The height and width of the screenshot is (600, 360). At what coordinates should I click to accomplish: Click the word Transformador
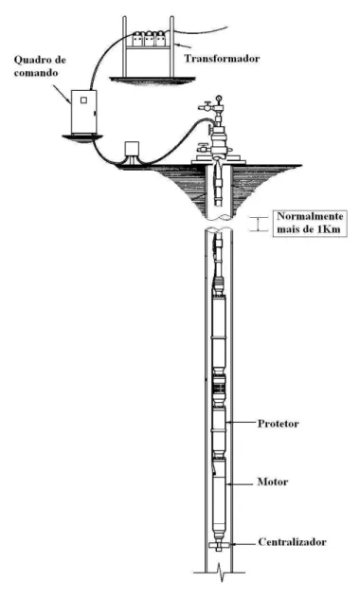click(222, 58)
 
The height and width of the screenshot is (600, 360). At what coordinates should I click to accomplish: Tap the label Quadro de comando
click(40, 65)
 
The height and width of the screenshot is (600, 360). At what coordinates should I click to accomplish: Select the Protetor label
click(279, 424)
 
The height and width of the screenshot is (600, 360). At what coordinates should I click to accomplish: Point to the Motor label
click(273, 482)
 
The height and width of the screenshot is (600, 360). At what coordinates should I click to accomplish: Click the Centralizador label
click(293, 542)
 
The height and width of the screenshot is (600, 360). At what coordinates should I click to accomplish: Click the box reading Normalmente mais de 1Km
click(310, 223)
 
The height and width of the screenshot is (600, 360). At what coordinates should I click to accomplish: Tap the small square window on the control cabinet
click(83, 100)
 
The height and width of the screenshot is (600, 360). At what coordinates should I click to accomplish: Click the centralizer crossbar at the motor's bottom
click(219, 545)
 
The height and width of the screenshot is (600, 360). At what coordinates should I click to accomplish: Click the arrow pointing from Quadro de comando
click(62, 94)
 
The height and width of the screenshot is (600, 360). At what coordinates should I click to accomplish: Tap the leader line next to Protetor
click(242, 423)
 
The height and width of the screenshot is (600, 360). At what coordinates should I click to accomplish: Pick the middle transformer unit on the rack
click(149, 39)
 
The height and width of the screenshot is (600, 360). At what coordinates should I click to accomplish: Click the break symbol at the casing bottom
click(219, 573)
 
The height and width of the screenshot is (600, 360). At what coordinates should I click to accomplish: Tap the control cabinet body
click(83, 112)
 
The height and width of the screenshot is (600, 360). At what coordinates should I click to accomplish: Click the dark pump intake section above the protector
click(219, 388)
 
